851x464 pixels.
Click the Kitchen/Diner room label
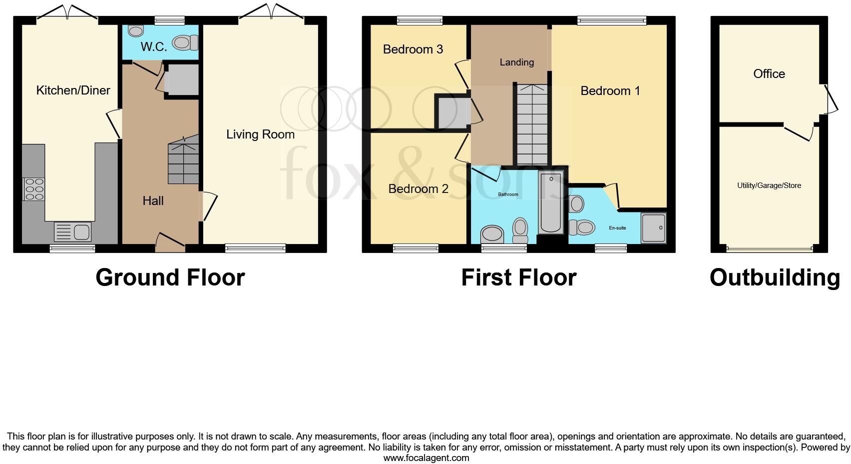point(73,90)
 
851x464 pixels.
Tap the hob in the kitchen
point(34,189)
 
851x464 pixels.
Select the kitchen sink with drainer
point(73,232)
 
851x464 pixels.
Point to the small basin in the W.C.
point(135,31)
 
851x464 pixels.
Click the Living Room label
point(260,134)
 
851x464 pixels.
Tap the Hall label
point(153,201)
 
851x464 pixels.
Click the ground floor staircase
point(183,160)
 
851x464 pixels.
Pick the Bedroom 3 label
point(413,49)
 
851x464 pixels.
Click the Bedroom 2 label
point(418,189)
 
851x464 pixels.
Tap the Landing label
point(517,62)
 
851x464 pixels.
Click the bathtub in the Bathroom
point(551,201)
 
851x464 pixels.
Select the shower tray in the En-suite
point(653,228)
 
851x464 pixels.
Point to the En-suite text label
point(617,228)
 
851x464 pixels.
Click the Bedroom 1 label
point(610,91)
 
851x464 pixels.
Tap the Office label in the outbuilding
point(769,74)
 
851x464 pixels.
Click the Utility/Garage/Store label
point(769,185)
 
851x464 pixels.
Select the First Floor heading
point(518,277)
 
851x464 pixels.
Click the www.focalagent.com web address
point(426,457)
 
